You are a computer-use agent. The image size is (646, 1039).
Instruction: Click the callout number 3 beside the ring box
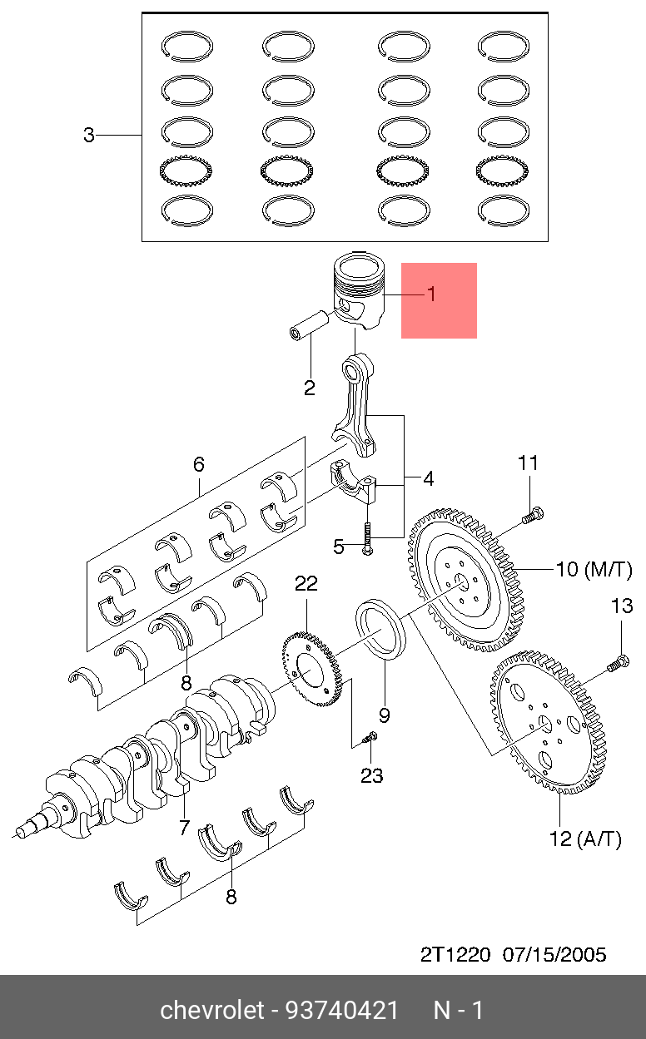[89, 135]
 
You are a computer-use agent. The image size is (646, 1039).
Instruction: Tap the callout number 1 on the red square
[432, 294]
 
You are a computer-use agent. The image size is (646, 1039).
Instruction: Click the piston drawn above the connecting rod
[360, 291]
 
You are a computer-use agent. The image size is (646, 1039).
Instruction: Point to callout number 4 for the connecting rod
[429, 478]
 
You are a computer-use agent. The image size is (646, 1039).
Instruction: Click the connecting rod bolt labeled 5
[368, 539]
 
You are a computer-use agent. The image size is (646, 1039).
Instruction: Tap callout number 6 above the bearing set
[199, 464]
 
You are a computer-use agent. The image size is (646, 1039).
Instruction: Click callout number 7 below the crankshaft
[184, 828]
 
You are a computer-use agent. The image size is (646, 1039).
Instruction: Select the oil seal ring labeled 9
[381, 630]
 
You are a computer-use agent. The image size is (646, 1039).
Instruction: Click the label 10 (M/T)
[594, 569]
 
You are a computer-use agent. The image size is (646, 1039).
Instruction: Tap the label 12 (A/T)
[585, 839]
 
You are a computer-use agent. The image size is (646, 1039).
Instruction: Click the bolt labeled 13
[619, 663]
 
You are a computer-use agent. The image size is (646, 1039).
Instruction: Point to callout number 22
[306, 583]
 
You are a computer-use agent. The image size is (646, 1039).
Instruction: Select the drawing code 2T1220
[455, 955]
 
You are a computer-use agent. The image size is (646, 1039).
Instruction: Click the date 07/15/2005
[554, 955]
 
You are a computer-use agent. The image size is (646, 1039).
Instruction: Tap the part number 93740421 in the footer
[342, 1010]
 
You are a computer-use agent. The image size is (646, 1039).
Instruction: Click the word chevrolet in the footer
[212, 1010]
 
